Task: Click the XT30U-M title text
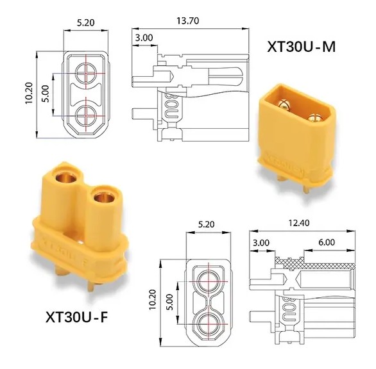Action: point(301,47)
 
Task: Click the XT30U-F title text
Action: point(77,317)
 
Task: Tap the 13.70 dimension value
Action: point(188,21)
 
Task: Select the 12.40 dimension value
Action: point(299,223)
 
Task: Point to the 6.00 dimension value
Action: point(327,242)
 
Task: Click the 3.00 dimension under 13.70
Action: point(144,38)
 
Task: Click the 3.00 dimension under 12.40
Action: point(261,243)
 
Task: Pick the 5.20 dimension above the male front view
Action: point(85,22)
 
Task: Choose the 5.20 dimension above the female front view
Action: point(206,224)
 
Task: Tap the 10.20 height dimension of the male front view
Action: point(29,93)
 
